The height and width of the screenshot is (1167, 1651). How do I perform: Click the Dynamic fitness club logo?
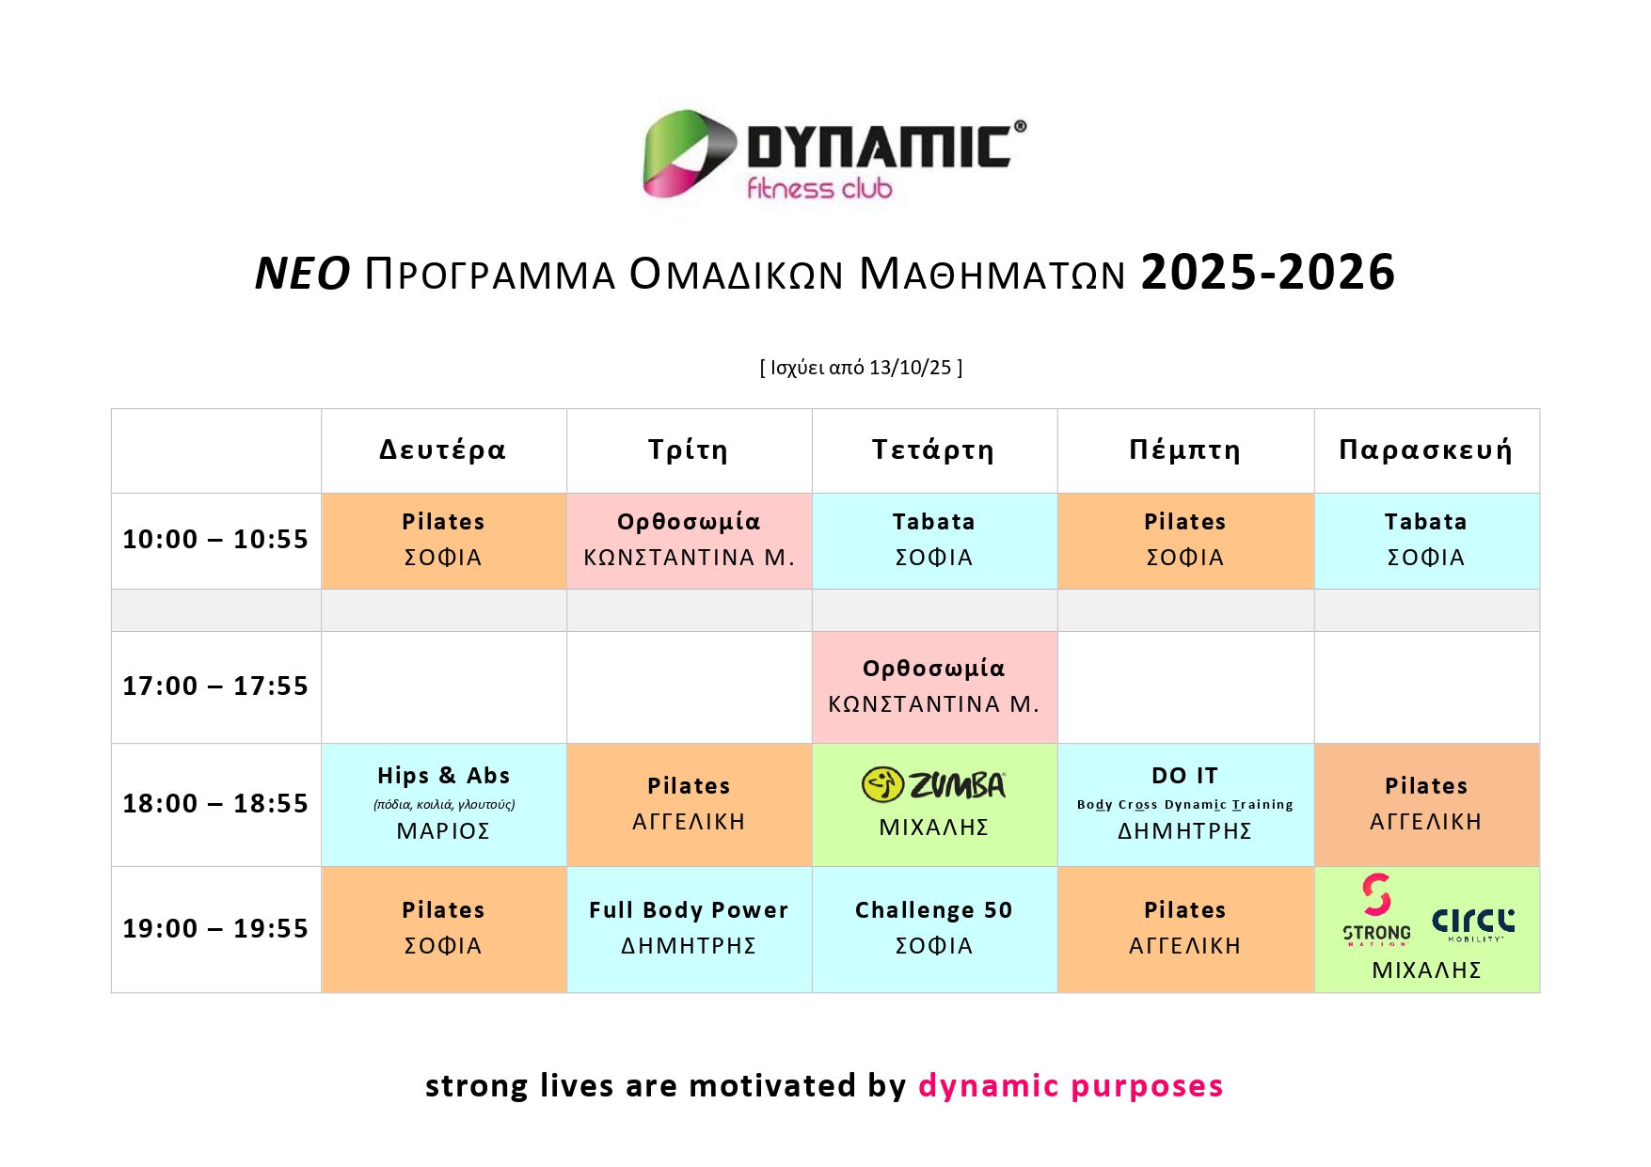[834, 155]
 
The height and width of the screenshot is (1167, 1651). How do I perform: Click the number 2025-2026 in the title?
[1267, 273]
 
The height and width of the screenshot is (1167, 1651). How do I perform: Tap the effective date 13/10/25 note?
[861, 368]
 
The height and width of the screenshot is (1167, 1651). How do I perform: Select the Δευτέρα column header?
[443, 449]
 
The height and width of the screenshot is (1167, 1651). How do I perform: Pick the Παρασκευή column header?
[1425, 449]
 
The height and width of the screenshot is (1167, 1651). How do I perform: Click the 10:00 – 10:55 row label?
[215, 540]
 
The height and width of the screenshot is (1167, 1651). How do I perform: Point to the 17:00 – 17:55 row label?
[215, 686]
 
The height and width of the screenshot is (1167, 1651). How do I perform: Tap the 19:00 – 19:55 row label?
[215, 929]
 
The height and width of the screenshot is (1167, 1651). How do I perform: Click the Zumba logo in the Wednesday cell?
[934, 784]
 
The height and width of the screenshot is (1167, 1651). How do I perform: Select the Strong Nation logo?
[1376, 909]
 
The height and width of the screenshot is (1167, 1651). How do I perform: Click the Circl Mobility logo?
[1473, 924]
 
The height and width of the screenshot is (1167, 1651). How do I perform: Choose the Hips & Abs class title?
[443, 776]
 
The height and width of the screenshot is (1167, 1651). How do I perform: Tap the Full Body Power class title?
[689, 910]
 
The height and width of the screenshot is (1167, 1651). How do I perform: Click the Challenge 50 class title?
[933, 910]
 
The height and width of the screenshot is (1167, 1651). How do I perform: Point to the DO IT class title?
[1184, 776]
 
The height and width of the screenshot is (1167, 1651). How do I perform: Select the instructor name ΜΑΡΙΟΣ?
[443, 831]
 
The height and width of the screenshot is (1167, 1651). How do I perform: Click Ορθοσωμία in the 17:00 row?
[933, 669]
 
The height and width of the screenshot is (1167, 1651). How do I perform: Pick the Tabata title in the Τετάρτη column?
[933, 522]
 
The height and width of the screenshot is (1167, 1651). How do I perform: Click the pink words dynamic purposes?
[1071, 1086]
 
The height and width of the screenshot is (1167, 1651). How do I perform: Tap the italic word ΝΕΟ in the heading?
[303, 274]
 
